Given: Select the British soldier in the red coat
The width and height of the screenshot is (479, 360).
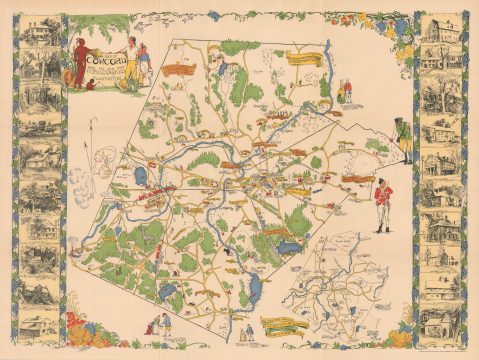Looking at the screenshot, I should [382, 203].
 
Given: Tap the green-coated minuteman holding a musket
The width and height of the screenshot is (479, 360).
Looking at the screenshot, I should [404, 139].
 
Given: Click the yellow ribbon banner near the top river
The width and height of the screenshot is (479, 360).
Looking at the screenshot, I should [305, 58].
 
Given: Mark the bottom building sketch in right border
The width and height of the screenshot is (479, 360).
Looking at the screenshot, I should [440, 322].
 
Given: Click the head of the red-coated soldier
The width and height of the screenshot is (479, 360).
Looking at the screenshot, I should [382, 181].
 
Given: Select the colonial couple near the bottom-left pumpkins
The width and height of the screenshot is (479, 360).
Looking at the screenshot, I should [155, 325].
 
